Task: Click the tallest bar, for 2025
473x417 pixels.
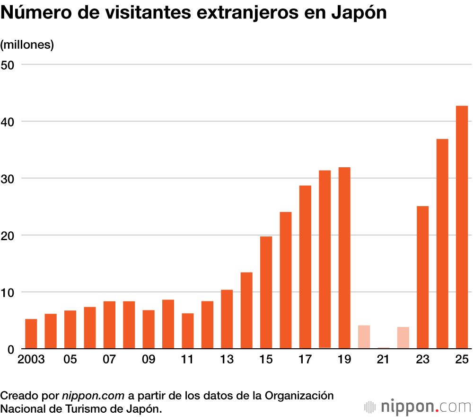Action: point(462,227)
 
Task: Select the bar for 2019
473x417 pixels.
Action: point(344,258)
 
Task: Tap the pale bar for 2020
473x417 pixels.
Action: point(364,337)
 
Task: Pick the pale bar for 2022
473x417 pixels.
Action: point(403,338)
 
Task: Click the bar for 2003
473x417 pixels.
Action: point(31,334)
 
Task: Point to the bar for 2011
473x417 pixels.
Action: point(188,331)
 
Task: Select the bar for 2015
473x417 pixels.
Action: point(266,292)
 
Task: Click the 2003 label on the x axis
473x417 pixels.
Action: point(31,360)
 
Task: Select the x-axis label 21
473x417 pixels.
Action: point(383,360)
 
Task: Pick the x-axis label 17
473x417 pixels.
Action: point(305,360)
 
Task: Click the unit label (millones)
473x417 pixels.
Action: point(27,45)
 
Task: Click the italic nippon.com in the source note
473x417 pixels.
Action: point(93,395)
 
